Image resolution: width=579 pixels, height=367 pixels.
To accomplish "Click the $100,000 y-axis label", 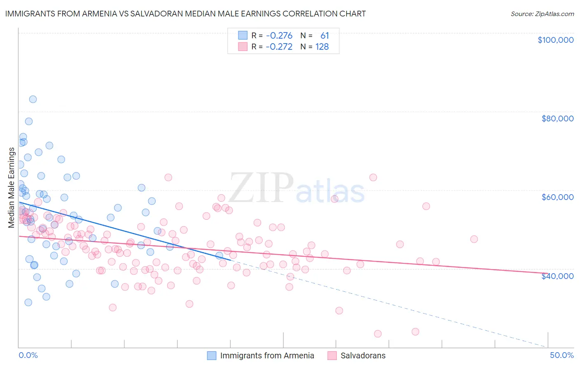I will coord(555,40).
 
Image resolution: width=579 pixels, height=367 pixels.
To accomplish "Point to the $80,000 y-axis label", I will coord(557,118).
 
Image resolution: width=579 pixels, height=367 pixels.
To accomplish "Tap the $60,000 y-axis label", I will coord(557,197).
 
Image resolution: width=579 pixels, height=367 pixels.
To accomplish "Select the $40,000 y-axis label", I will coord(557,276).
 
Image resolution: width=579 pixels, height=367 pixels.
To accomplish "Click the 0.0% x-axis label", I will coord(28,355).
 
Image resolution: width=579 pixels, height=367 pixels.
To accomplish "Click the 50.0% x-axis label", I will coord(561,355).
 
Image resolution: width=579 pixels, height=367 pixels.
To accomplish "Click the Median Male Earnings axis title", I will coord(12,188).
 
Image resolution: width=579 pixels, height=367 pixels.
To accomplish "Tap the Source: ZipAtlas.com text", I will coord(542,14).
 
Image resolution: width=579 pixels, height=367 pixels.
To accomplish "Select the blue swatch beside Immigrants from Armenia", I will coord(211,355).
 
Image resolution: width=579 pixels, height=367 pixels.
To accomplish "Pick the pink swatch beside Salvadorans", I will coord(332,355).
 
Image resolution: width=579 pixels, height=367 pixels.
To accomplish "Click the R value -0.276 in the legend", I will coord(279,35).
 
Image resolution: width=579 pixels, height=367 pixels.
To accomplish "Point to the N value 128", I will coord(322,46).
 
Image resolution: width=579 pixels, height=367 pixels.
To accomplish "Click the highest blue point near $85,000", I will coord(33,99).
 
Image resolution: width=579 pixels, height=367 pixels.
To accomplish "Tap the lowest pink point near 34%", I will coord(378,334).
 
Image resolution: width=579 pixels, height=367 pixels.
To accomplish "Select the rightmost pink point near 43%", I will coord(474,239).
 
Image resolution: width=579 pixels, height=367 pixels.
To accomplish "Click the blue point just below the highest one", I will coord(28,121).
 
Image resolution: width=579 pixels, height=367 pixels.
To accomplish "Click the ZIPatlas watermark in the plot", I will coord(297,188).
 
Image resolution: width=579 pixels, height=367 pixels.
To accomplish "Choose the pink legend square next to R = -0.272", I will coord(243,46).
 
